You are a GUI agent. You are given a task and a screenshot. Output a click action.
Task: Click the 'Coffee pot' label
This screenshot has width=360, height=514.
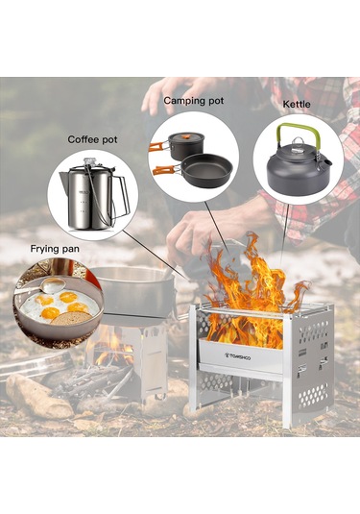(92, 139)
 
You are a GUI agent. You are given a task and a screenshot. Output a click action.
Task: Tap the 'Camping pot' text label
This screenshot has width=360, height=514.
(194, 101)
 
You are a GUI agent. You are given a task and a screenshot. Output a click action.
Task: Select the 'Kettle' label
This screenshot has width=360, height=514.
(297, 105)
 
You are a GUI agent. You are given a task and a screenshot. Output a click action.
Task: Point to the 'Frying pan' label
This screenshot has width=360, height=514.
(55, 249)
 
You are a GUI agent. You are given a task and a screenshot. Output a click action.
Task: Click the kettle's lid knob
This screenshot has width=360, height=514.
(298, 141)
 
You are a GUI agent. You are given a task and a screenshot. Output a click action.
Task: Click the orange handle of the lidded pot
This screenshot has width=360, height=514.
(158, 145)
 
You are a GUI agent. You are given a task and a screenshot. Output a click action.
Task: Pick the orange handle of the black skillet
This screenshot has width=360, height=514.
(165, 169)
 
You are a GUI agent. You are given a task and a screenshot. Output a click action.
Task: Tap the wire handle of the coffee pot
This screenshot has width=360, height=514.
(121, 197)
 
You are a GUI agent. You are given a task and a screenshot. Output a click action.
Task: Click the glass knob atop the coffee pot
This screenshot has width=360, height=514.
(88, 161)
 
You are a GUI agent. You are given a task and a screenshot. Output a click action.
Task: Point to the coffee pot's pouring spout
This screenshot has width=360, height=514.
(63, 178)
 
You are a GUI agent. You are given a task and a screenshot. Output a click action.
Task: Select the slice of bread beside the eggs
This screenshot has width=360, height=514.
(71, 318)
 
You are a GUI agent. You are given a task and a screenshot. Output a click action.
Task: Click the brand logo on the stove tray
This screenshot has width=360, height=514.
(238, 356)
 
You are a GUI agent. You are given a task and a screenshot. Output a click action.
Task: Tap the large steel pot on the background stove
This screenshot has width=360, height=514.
(132, 292)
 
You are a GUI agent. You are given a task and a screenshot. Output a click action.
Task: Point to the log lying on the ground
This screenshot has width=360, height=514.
(38, 396)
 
